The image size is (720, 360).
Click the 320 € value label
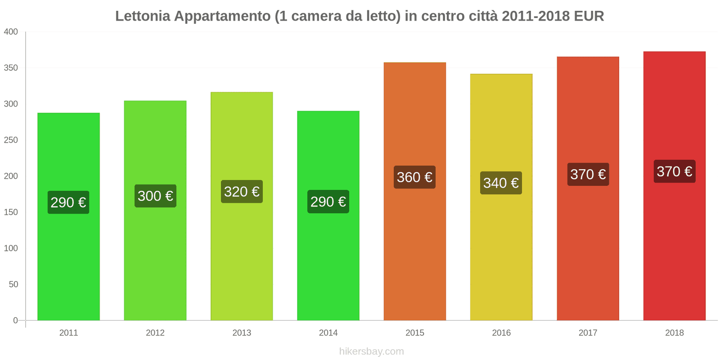(242, 192)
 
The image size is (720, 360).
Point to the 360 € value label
(414, 177)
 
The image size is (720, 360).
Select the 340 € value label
(501, 183)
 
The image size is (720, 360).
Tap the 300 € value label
(155, 196)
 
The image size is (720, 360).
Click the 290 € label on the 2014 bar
(328, 202)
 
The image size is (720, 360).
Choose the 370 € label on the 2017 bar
(588, 174)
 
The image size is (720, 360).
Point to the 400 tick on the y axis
(11, 32)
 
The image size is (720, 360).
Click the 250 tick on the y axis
(11, 140)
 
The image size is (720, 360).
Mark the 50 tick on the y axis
(13, 284)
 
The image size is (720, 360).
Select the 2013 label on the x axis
(242, 333)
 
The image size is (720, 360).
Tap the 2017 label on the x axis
(588, 333)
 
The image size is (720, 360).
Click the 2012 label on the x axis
(155, 333)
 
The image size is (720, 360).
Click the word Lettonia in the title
(143, 16)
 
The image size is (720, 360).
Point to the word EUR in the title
(589, 16)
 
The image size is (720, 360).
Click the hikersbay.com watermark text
(371, 351)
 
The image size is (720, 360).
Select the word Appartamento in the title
(222, 16)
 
